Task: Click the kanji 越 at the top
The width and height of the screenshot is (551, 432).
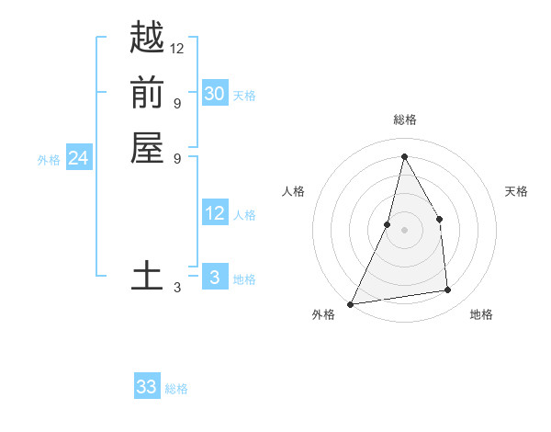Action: [147, 38]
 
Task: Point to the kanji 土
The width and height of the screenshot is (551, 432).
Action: [147, 277]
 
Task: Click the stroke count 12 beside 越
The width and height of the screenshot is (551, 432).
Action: [177, 48]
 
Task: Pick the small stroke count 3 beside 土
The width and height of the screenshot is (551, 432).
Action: [177, 288]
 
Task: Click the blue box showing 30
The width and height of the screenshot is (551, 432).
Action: [214, 93]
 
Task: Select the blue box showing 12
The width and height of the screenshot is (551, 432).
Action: [214, 213]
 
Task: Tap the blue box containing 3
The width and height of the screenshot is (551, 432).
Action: [214, 277]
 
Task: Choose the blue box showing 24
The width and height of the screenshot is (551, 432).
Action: [79, 158]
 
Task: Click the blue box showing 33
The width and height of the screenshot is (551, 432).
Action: [147, 387]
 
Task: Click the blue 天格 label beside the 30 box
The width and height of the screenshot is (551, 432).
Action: [244, 95]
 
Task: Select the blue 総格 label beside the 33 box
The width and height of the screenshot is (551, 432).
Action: [176, 389]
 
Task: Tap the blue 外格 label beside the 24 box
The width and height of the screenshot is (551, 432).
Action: [49, 160]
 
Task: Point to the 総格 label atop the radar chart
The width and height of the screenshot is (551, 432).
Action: [404, 119]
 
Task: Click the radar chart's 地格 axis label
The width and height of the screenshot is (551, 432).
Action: [481, 314]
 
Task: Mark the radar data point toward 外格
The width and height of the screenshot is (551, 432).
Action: [351, 303]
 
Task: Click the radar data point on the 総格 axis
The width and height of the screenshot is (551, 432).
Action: [404, 156]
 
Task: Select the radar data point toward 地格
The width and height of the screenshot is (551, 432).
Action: [448, 290]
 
